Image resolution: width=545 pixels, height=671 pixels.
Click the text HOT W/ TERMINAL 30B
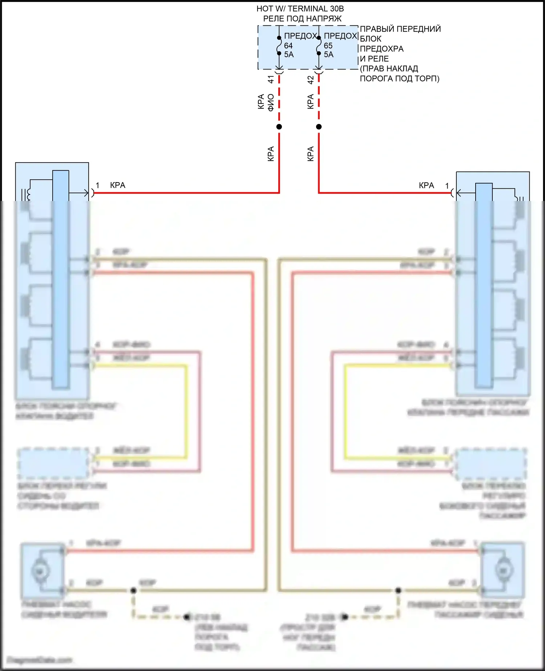click(300, 9)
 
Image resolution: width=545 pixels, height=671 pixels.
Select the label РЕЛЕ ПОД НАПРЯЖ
click(302, 19)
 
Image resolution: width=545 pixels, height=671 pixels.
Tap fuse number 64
click(288, 46)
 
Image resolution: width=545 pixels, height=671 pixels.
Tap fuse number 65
click(328, 46)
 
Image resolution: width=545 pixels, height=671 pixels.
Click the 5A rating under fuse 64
click(289, 55)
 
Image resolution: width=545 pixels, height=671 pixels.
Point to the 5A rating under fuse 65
click(328, 55)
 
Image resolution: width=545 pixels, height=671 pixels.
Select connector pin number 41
click(271, 79)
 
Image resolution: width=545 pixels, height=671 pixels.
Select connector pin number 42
click(311, 80)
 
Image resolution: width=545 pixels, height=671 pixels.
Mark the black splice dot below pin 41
click(279, 127)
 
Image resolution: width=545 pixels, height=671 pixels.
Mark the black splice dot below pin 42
click(319, 127)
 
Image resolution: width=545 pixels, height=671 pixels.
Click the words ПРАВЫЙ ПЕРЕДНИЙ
click(400, 29)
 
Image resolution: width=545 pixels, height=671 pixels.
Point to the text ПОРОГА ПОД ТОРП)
click(399, 79)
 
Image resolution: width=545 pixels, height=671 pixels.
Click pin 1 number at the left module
click(97, 185)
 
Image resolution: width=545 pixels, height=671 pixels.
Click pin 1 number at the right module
click(447, 186)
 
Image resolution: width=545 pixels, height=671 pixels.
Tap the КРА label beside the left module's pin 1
click(117, 185)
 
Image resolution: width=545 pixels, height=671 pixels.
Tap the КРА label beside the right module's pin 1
click(426, 185)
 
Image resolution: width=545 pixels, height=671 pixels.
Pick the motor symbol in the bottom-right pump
click(503, 571)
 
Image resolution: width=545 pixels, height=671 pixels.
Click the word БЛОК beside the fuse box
click(371, 39)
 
